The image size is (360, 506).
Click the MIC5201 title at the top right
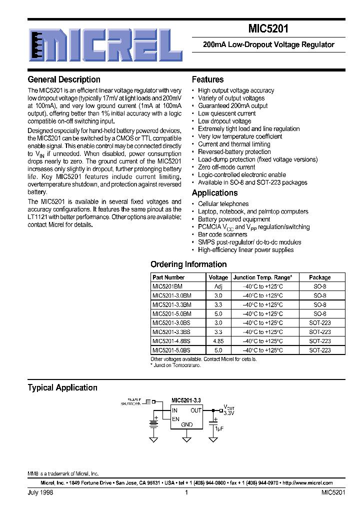click(x=268, y=29)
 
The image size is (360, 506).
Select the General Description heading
click(x=64, y=79)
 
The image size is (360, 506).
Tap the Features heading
click(x=207, y=79)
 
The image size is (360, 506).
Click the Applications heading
click(x=214, y=193)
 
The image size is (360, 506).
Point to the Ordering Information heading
click(x=188, y=264)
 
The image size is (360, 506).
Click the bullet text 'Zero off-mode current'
click(x=226, y=167)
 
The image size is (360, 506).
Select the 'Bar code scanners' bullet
click(x=222, y=234)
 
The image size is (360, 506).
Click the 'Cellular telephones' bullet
click(x=223, y=204)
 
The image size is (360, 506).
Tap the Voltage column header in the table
click(x=218, y=277)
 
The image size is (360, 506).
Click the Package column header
click(x=319, y=277)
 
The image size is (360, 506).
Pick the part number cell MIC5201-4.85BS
click(x=171, y=341)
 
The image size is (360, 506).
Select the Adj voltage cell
click(x=218, y=286)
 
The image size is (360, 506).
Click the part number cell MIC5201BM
click(x=167, y=286)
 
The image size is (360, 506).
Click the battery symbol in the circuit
click(x=154, y=423)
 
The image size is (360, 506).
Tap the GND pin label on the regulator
click(x=186, y=425)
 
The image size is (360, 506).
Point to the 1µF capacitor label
click(x=218, y=429)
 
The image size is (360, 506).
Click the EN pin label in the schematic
click(x=175, y=418)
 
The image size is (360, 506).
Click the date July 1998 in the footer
click(x=40, y=492)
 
